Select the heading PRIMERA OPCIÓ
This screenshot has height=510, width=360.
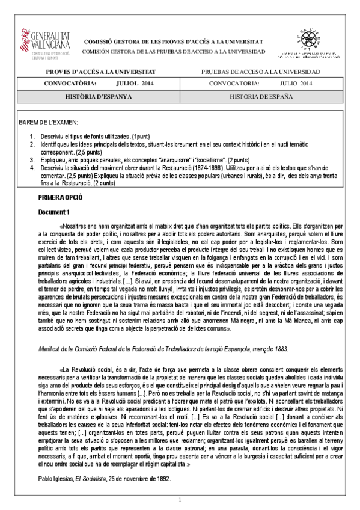[x=60, y=197]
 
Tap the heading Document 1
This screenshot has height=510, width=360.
[x=55, y=212]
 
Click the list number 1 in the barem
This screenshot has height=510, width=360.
[x=32, y=137]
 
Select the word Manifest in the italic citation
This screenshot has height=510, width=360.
[x=50, y=348]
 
